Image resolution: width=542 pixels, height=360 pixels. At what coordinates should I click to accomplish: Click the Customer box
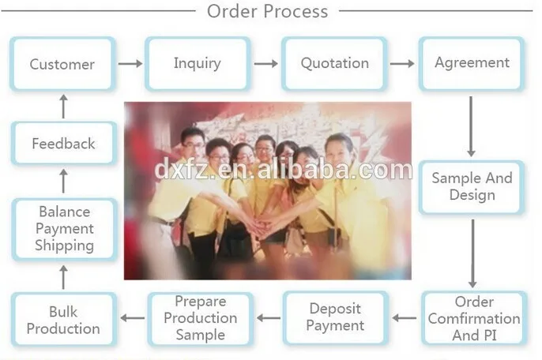[62, 64]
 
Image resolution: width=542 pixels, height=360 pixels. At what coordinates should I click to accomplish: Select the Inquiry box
[198, 63]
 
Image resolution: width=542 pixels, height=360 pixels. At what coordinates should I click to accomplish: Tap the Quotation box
[334, 63]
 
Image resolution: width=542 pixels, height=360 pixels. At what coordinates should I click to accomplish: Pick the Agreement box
[472, 63]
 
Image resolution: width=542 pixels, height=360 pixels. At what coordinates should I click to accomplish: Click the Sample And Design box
[472, 186]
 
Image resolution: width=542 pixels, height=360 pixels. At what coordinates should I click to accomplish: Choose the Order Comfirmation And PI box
[474, 318]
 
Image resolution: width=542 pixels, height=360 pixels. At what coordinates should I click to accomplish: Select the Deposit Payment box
[336, 317]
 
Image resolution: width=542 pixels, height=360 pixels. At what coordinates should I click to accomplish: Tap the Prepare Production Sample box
[201, 317]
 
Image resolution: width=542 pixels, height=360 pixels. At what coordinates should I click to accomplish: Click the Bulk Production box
[63, 319]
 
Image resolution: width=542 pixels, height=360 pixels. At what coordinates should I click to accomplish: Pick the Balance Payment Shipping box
[63, 229]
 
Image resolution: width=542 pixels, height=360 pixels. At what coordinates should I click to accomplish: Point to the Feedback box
[63, 144]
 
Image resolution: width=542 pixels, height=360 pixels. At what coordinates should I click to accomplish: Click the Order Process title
[267, 11]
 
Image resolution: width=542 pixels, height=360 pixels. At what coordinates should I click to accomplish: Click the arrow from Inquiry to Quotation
[266, 63]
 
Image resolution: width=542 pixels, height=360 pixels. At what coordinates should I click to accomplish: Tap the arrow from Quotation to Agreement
[403, 63]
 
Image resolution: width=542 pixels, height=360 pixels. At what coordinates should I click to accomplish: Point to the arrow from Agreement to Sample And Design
[472, 126]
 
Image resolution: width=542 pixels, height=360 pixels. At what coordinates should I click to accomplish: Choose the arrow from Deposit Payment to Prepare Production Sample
[269, 318]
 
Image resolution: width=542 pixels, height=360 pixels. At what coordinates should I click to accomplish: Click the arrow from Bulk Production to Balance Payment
[63, 276]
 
